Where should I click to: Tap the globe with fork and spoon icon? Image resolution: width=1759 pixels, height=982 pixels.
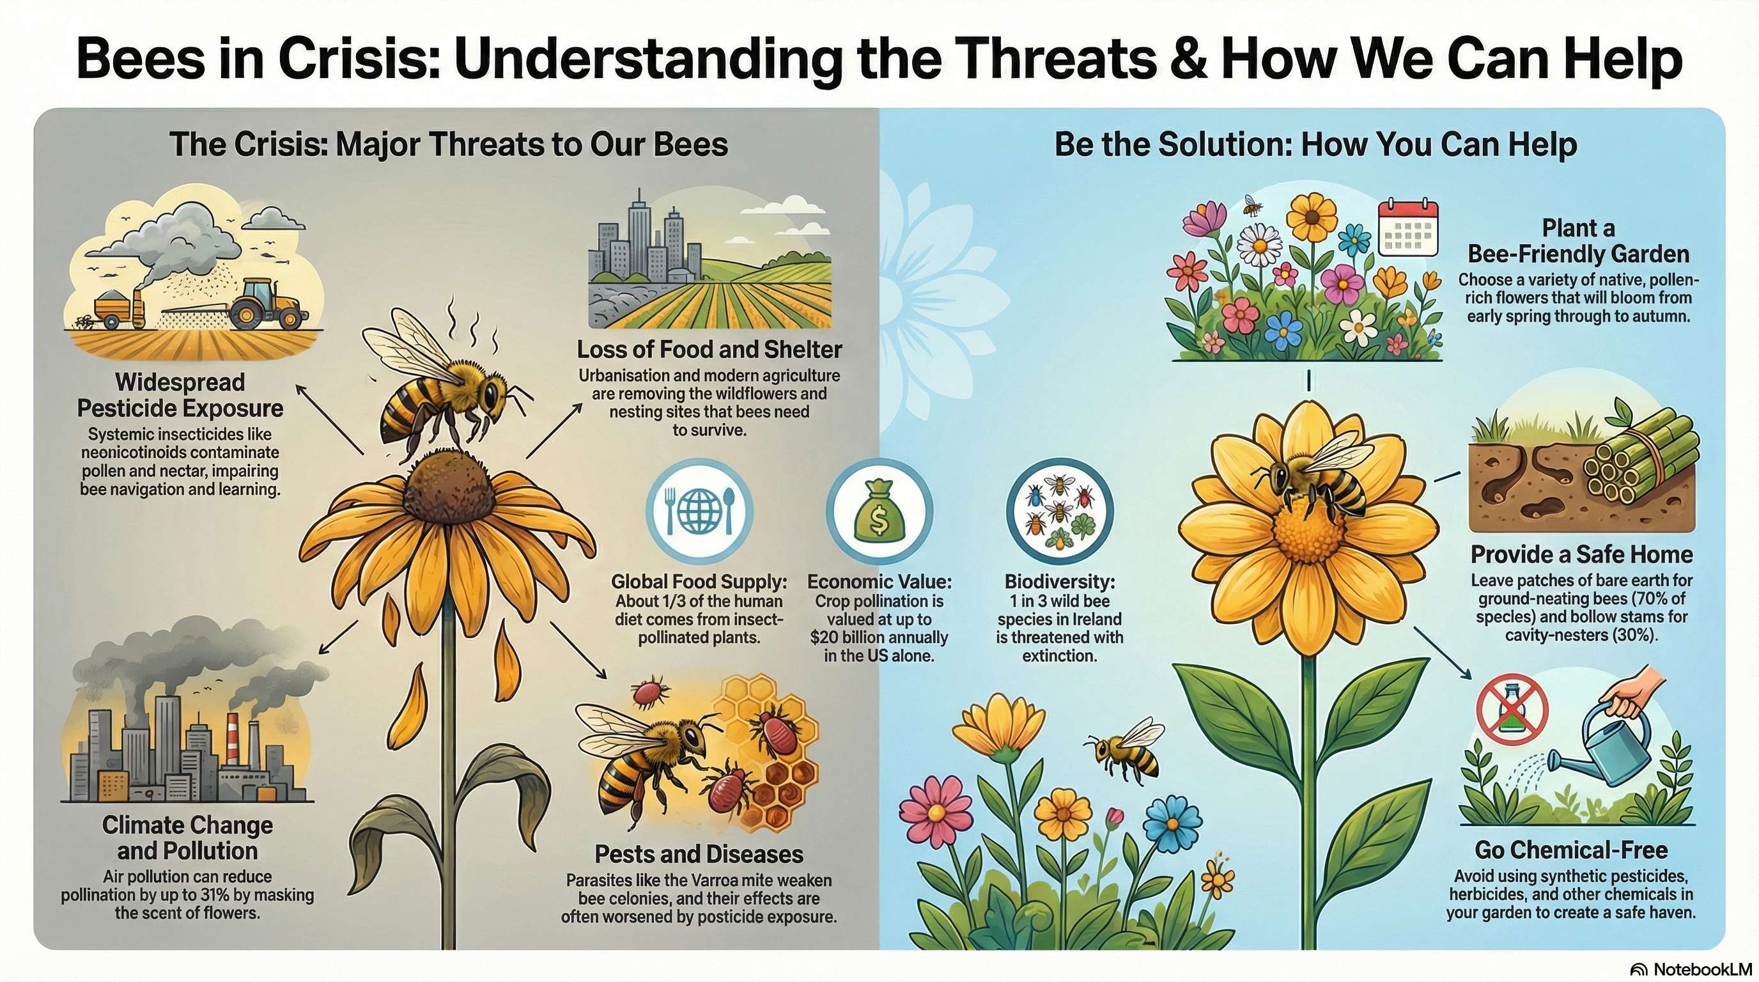(699, 511)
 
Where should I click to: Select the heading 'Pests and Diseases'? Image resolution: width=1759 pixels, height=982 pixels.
(699, 853)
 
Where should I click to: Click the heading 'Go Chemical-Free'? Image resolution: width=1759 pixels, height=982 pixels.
(1570, 850)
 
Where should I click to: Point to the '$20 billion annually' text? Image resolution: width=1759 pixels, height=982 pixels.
(879, 637)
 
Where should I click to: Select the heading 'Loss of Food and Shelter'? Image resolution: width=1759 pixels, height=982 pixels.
(709, 350)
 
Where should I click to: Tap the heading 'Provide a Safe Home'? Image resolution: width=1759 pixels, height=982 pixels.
(1581, 554)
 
